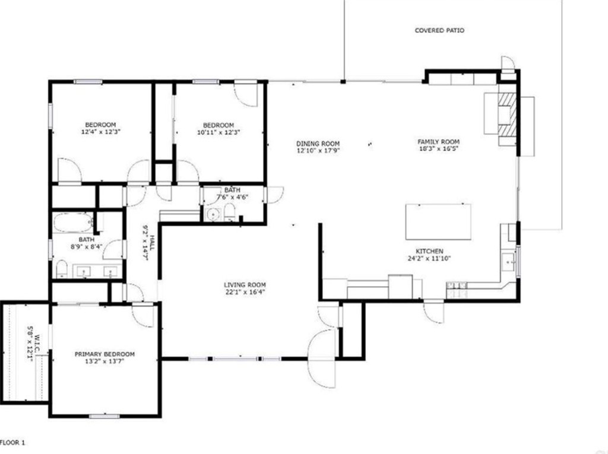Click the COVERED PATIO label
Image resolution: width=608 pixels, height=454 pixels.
coord(439,30)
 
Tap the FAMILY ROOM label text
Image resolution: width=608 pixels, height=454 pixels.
coord(438,142)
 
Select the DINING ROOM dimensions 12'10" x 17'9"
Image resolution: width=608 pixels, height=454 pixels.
coord(318,151)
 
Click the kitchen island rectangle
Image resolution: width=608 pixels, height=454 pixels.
coord(438,221)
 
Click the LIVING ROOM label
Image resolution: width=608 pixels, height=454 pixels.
coord(244,284)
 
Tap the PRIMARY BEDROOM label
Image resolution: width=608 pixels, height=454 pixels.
coord(104,354)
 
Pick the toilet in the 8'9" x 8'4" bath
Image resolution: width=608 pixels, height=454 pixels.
coord(62,270)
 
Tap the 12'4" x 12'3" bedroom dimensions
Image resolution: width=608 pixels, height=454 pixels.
coord(100,132)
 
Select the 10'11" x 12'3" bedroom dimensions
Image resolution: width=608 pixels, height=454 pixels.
coord(218,132)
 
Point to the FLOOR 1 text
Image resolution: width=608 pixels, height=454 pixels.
coord(13,442)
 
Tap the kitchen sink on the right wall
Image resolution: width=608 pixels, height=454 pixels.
coord(508,260)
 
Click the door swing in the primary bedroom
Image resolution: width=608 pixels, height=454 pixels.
coord(142,315)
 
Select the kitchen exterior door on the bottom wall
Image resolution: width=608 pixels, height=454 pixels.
coord(433,312)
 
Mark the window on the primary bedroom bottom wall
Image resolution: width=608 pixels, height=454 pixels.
coord(104,416)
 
